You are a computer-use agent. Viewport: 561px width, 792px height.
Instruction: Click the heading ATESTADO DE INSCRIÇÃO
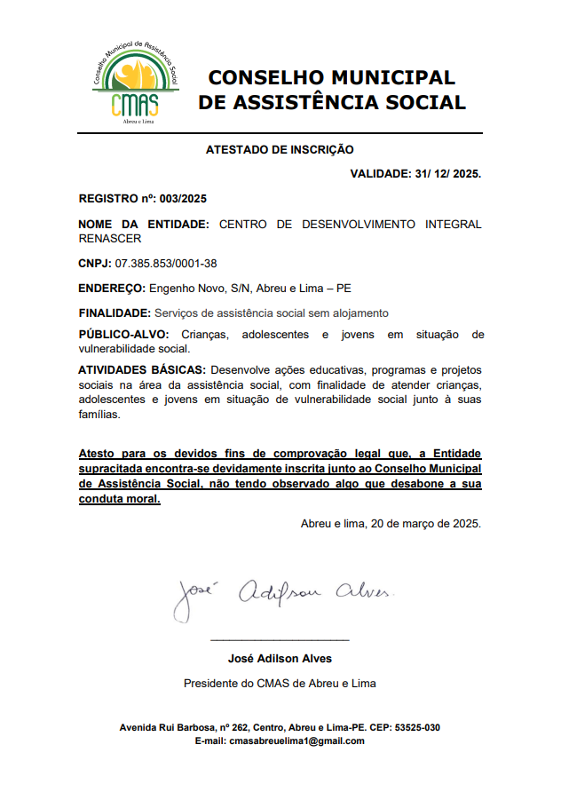click(x=280, y=150)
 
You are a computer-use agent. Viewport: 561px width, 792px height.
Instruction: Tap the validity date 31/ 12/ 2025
click(x=447, y=173)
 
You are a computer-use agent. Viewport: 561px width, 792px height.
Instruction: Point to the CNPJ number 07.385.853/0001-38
click(x=166, y=264)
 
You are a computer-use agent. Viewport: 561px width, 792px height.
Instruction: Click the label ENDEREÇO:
click(x=112, y=289)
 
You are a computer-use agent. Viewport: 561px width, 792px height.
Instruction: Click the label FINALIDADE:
click(x=115, y=313)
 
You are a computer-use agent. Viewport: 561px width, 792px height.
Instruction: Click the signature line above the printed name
click(x=280, y=639)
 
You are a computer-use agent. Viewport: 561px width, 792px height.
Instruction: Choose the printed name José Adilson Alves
click(x=280, y=659)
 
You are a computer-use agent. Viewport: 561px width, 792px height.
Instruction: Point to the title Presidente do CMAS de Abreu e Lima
click(x=280, y=684)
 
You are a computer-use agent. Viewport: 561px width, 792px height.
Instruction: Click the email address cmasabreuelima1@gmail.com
click(x=297, y=741)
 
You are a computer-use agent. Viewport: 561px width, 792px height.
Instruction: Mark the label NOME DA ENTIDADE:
click(x=144, y=225)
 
